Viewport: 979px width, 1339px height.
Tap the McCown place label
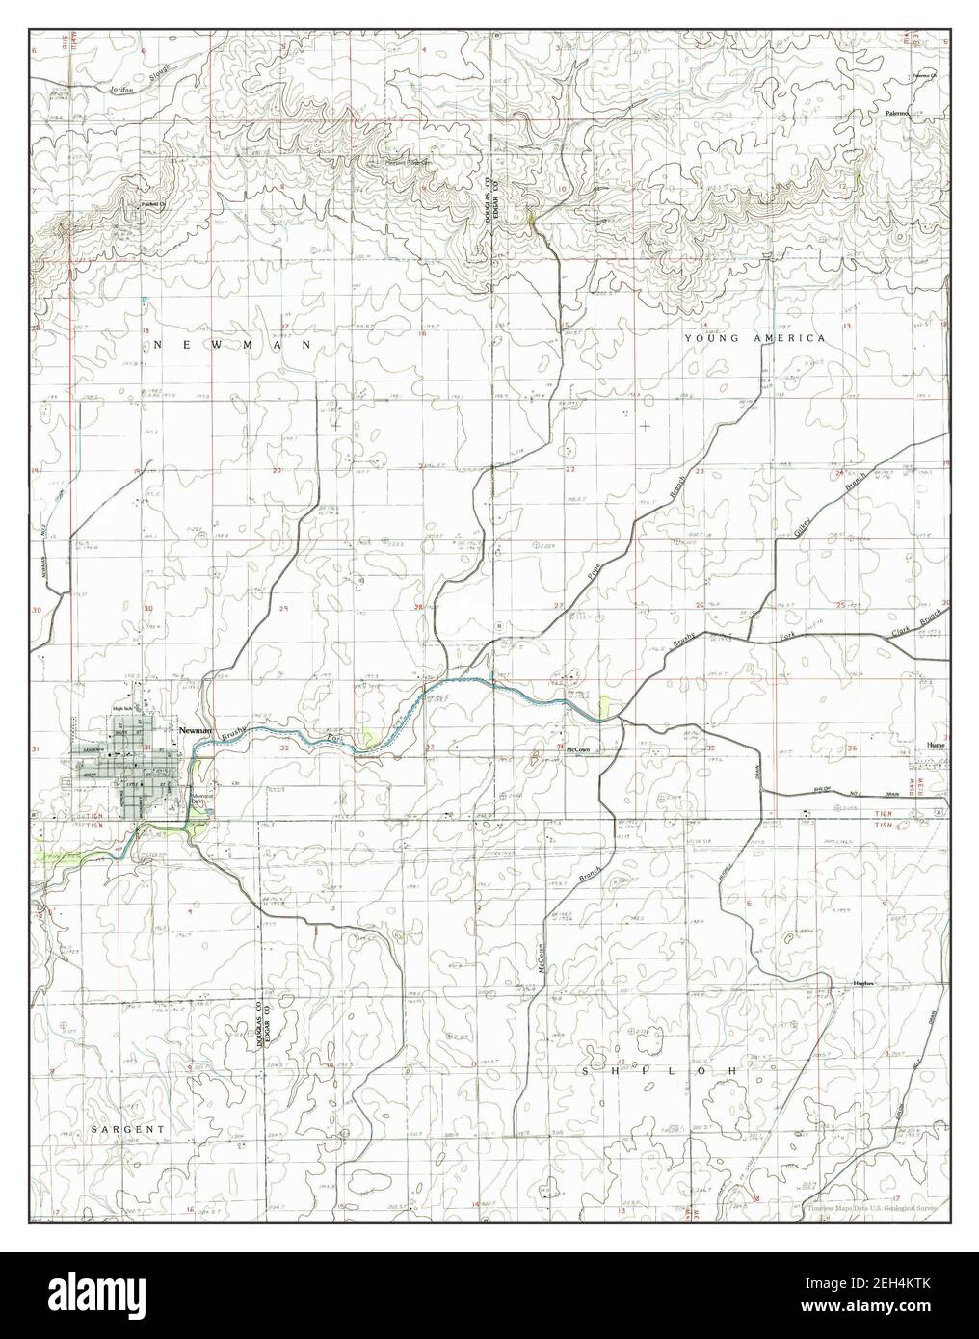click(x=577, y=749)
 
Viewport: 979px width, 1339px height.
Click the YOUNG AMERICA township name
click(x=754, y=339)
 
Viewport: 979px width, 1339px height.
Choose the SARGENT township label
click(x=135, y=1127)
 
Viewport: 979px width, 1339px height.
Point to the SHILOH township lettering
click(x=661, y=1071)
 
